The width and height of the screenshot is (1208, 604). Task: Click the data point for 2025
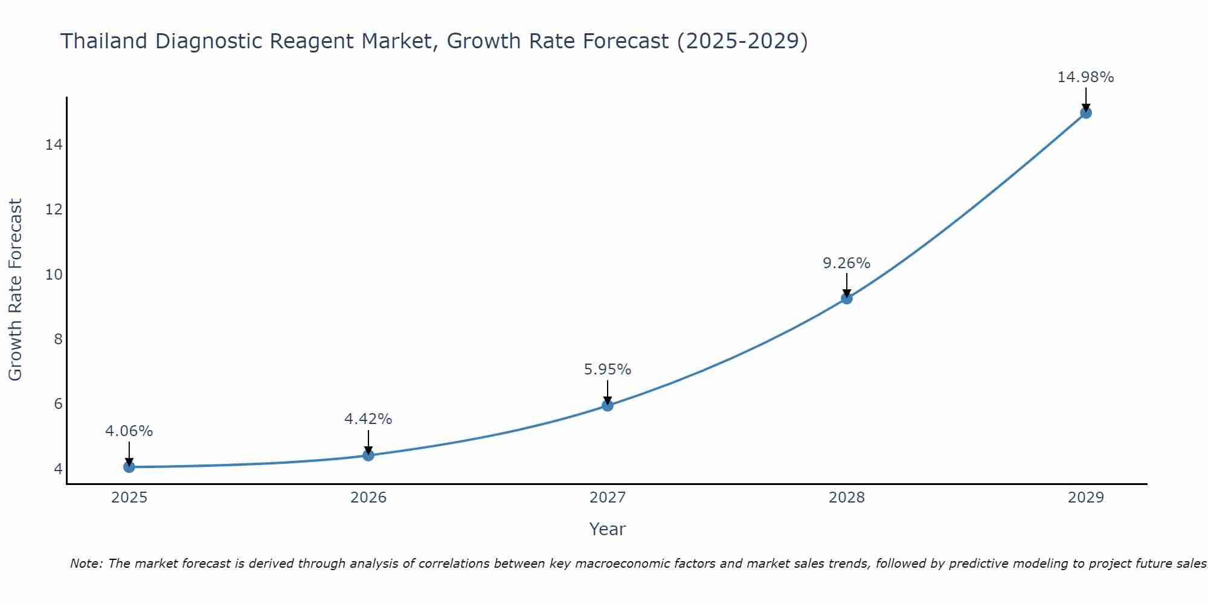[129, 467]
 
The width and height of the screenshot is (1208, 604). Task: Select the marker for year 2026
[368, 455]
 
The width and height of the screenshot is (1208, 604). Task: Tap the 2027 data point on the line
[608, 405]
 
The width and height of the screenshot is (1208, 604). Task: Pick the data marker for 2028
[847, 298]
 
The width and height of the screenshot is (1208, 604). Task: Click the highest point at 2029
[1086, 113]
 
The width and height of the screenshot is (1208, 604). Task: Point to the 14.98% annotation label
[1085, 77]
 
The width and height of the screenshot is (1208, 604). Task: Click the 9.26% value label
[846, 263]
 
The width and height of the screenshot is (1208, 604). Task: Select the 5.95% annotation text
[607, 370]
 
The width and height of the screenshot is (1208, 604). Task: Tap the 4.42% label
[368, 419]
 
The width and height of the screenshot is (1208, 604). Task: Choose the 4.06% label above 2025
[129, 431]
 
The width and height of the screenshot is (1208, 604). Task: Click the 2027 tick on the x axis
[608, 498]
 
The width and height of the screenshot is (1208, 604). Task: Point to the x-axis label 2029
[1086, 498]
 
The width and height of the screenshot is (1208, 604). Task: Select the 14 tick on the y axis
[54, 145]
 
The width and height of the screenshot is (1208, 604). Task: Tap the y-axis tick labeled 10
[54, 275]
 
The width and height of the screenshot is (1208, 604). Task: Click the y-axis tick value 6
[58, 404]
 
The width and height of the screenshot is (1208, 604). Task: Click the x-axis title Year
[607, 529]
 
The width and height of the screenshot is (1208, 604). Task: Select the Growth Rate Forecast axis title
[16, 290]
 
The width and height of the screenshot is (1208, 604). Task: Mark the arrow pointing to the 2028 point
[847, 285]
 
